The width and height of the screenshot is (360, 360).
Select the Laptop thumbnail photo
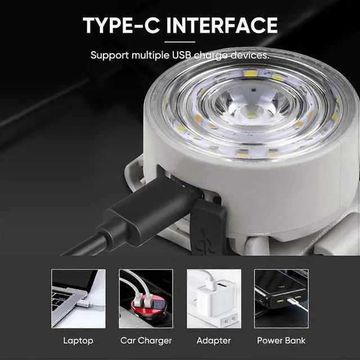coord(78,298)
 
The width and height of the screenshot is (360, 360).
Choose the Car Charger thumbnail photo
coord(146,298)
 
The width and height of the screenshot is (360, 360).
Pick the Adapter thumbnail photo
coord(214,298)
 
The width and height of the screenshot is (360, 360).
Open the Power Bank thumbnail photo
coord(281,298)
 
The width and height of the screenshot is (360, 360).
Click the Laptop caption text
coord(78,340)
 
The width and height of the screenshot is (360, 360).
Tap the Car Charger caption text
coord(146,340)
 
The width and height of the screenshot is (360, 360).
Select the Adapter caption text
coord(214,340)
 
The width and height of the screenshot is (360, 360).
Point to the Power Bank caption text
coord(281,340)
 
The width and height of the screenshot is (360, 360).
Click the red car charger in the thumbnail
coord(146,308)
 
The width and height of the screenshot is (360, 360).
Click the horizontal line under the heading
coord(180,42)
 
